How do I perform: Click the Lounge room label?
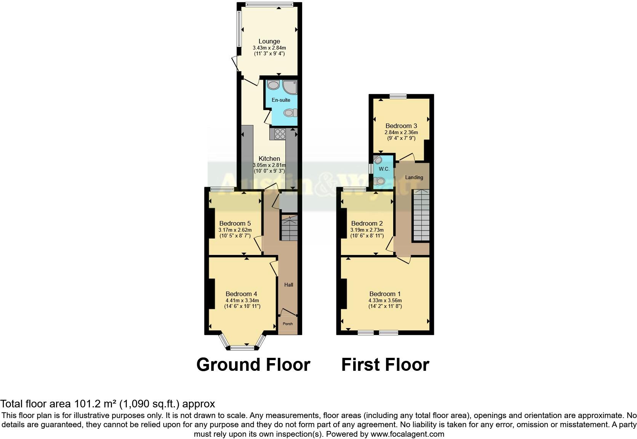point(269,41)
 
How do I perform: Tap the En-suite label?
point(281,100)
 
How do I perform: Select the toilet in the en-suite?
point(290,113)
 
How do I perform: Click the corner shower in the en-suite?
point(290,87)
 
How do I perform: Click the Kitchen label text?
point(269,159)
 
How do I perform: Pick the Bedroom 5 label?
point(235,223)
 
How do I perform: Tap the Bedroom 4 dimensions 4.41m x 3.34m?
point(242,300)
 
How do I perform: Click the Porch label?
point(288,324)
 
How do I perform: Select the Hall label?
point(288,285)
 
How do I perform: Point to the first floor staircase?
point(421,215)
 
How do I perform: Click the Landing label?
point(414,177)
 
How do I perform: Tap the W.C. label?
point(384,169)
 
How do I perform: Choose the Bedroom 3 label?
point(401,126)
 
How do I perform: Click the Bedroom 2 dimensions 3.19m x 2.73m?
point(367,230)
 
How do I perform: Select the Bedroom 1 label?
point(385,294)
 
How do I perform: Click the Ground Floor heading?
point(253,365)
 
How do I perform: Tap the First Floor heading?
point(385,365)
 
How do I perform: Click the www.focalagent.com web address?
point(407,434)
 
